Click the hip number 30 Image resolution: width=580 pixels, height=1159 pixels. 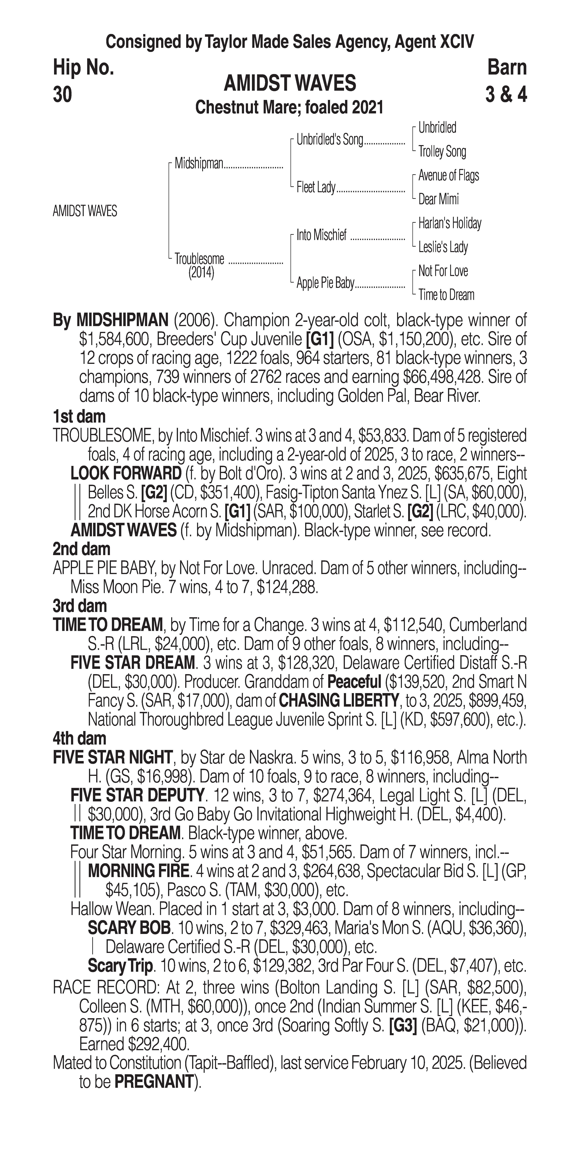click(x=62, y=95)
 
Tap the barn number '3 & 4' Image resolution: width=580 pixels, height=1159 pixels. click(x=506, y=95)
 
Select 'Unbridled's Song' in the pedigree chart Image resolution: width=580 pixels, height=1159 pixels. click(x=330, y=140)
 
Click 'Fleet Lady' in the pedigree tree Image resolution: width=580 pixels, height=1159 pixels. click(x=316, y=188)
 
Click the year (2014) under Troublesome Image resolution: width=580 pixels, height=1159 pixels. click(x=201, y=273)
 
